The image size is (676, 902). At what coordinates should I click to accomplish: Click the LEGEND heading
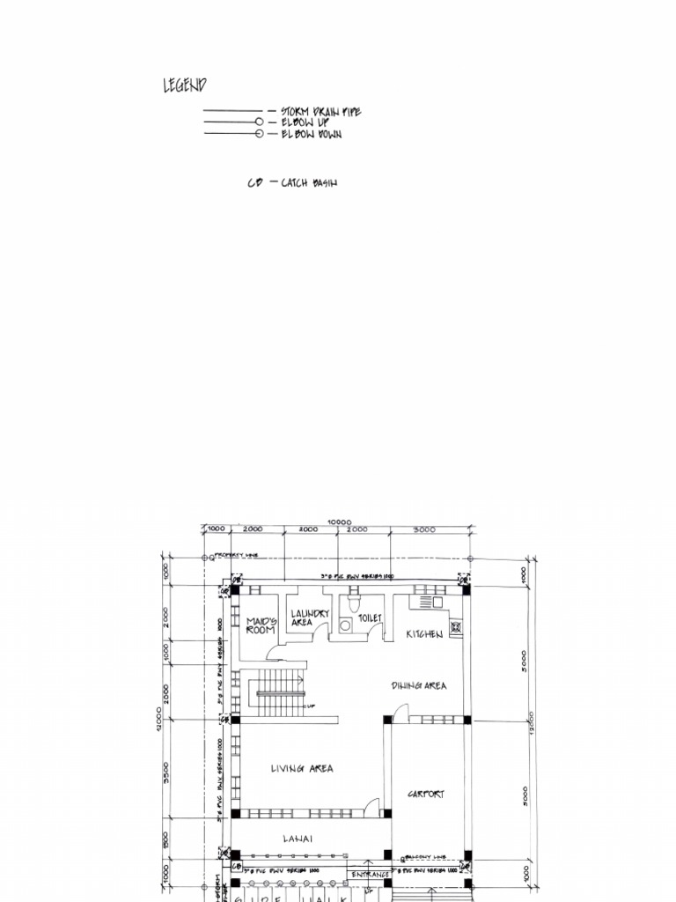(x=185, y=85)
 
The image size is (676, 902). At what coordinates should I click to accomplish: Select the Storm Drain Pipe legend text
(x=320, y=112)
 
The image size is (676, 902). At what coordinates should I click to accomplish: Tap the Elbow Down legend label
(x=311, y=134)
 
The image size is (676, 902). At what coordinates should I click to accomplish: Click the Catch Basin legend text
(x=308, y=183)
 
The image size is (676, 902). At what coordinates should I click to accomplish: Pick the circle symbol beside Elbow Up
(x=259, y=122)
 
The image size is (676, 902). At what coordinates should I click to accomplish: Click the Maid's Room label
(x=261, y=625)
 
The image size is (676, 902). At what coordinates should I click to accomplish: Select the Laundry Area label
(x=309, y=617)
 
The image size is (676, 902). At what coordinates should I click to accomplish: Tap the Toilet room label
(x=370, y=618)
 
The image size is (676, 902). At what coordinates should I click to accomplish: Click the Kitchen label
(x=424, y=634)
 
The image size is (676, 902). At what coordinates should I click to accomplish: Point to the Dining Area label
(x=419, y=685)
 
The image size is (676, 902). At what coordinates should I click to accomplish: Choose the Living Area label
(x=302, y=769)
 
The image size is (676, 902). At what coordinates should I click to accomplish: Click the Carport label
(x=426, y=795)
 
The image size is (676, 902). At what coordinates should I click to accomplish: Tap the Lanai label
(x=298, y=839)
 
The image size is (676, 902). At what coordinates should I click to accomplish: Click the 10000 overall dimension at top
(x=339, y=521)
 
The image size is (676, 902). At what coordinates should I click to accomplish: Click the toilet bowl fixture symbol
(x=354, y=603)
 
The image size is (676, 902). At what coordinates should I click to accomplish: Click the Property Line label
(x=239, y=556)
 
